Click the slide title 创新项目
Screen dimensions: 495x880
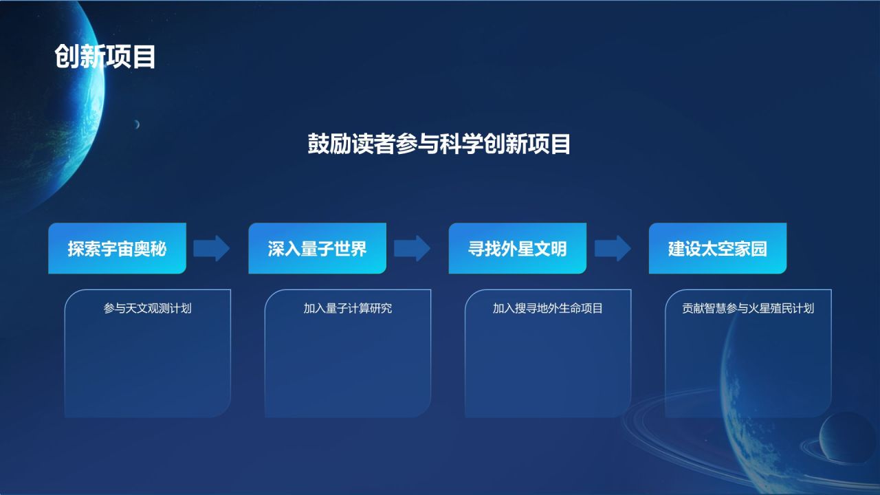[105, 56]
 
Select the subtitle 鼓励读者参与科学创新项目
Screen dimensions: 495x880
[439, 145]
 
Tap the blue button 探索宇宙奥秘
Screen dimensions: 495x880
[117, 248]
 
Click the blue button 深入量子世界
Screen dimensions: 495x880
[317, 248]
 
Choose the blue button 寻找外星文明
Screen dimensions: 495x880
[517, 248]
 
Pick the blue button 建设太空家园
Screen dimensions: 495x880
[717, 248]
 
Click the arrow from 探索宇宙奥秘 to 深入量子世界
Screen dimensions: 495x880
[211, 248]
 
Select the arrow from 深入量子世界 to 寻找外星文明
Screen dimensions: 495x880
[412, 248]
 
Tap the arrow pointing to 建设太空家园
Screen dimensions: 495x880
[612, 248]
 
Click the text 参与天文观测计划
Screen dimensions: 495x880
[147, 309]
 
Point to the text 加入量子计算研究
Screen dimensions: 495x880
[348, 309]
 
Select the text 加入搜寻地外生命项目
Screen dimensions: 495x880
[548, 309]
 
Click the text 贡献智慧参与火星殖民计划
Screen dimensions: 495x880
[748, 309]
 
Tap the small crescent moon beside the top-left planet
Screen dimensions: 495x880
[137, 124]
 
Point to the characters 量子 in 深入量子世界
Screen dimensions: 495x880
[317, 248]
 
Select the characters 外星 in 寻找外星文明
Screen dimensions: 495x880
[517, 248]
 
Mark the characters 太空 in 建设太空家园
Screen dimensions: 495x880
[717, 248]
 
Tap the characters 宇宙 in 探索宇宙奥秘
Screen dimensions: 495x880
[117, 248]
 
